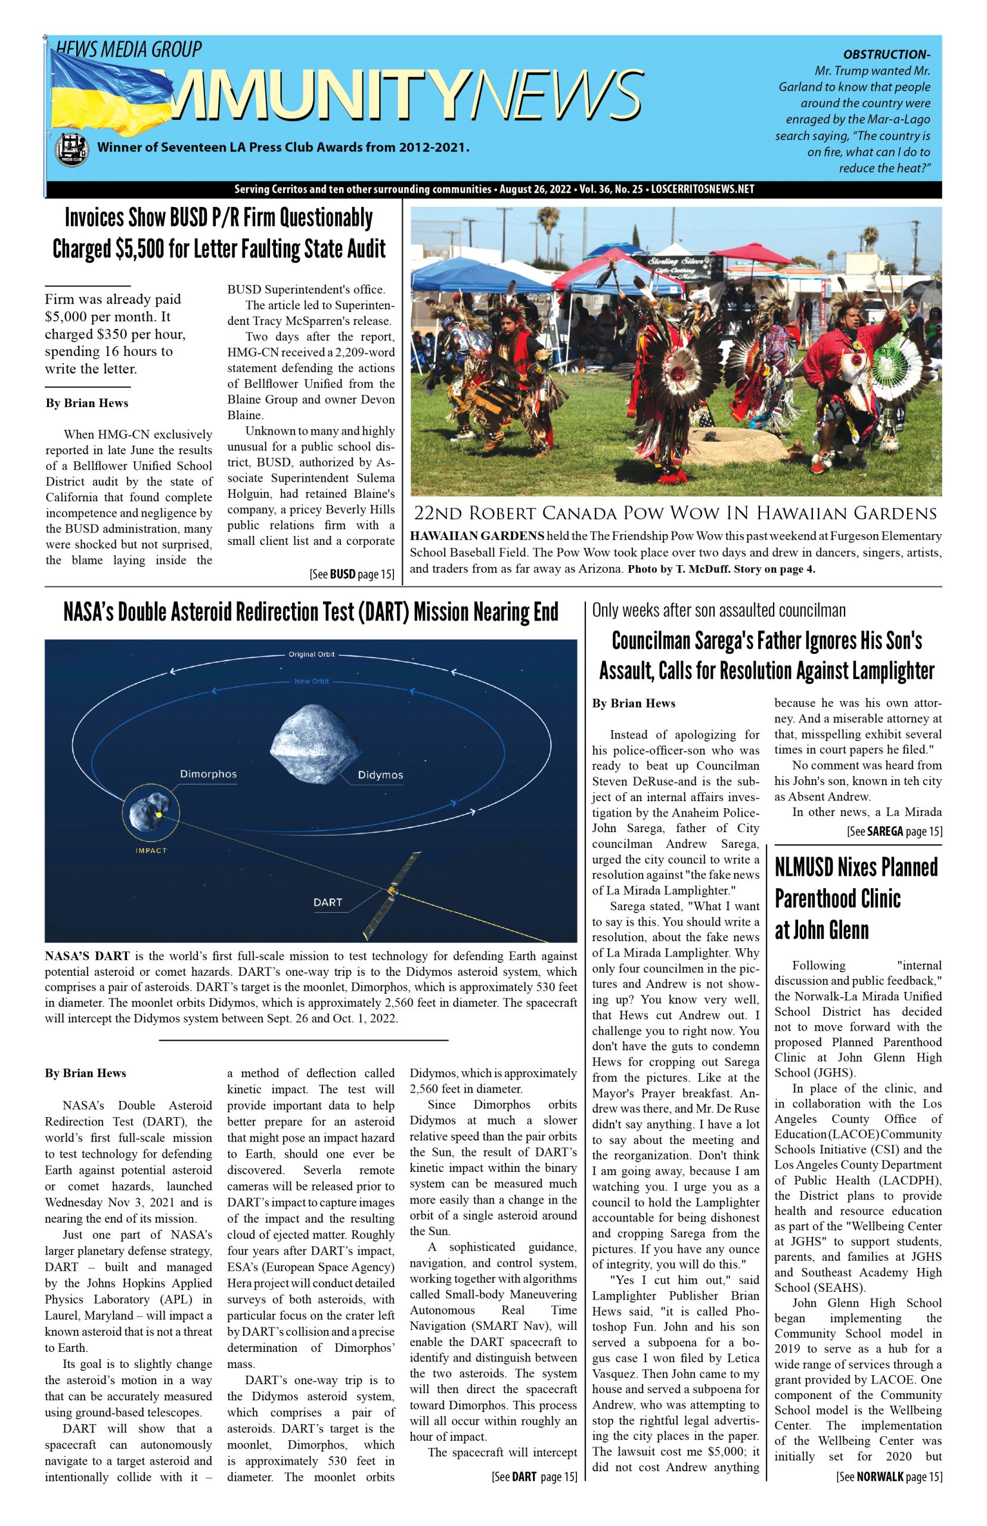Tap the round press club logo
click(x=72, y=150)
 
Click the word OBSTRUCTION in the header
click(x=886, y=54)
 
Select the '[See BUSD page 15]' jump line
click(x=351, y=574)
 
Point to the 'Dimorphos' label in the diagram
click(x=208, y=774)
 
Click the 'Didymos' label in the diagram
click(x=380, y=776)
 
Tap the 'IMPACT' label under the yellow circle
click(x=151, y=851)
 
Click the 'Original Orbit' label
click(x=311, y=655)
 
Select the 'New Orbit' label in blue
click(x=312, y=681)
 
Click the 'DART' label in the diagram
click(x=327, y=902)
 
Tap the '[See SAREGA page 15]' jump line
click(x=894, y=832)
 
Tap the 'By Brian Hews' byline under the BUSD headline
click(x=86, y=403)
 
